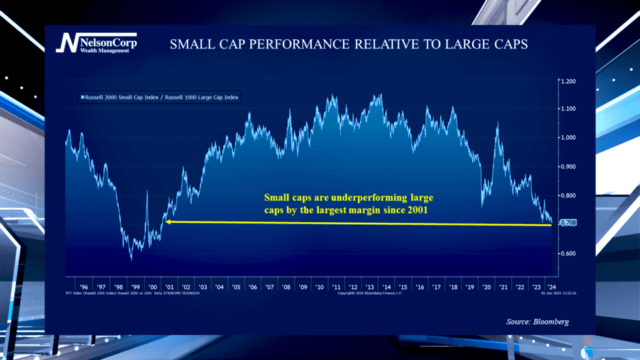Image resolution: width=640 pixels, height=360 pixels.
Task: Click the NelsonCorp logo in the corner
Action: pos(95,43)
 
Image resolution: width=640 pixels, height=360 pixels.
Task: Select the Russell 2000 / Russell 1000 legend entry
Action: pos(159,97)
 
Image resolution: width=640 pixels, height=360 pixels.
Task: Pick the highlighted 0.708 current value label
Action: pos(568,223)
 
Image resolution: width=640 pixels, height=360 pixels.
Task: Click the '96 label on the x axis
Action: pos(84,287)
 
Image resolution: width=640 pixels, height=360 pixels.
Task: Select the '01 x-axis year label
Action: pos(169,287)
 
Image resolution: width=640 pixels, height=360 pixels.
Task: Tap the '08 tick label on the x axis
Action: pos(286,287)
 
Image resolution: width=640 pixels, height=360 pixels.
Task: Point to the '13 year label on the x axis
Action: pos(370,287)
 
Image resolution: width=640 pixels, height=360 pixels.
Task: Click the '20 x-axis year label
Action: pos(487,287)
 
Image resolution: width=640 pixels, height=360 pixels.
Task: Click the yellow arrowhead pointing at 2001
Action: pos(168,222)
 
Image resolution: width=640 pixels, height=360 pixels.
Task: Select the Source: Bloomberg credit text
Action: pos(537,321)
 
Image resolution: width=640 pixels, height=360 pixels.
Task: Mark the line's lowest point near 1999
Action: pos(131,259)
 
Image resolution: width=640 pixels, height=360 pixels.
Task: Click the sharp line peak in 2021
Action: pos(498,123)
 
